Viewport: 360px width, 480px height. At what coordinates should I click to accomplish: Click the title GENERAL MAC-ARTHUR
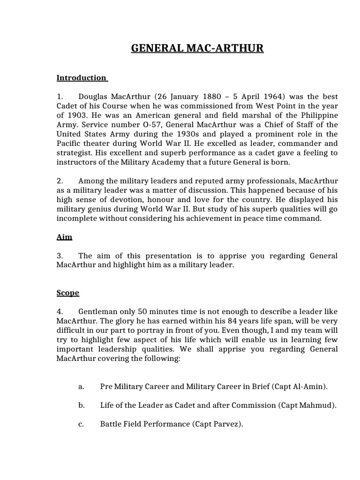[x=197, y=48]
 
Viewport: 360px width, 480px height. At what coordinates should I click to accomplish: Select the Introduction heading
[x=81, y=78]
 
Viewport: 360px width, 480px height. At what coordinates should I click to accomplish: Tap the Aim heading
[x=64, y=237]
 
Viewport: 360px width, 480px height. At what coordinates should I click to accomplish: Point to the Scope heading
[x=67, y=293]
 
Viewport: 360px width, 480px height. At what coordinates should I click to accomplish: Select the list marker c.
[x=81, y=424]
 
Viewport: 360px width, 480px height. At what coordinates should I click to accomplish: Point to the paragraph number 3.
[x=60, y=256]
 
